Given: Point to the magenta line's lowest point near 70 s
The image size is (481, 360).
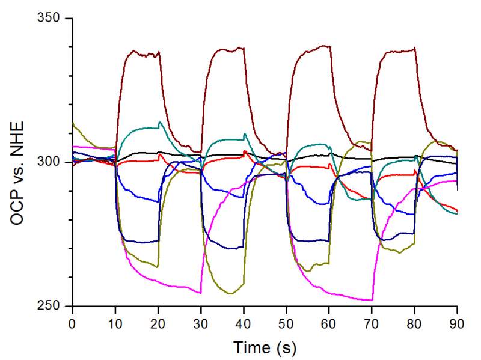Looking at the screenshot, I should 372,300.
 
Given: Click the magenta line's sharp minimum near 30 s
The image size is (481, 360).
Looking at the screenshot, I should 201,293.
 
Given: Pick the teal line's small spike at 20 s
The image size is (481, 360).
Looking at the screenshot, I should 159,123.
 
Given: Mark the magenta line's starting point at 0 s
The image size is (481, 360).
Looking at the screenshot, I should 73,146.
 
